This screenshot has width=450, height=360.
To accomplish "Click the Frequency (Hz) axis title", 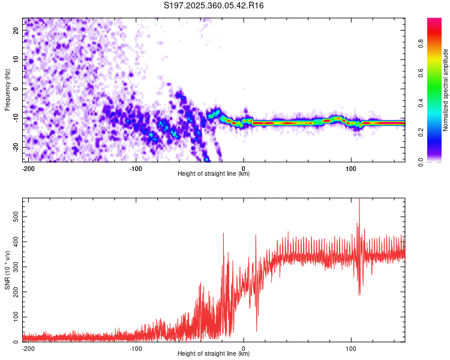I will (7, 90).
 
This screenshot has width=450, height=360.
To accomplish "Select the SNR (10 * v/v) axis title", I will (7, 269).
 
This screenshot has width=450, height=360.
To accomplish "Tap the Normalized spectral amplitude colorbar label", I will (446, 90).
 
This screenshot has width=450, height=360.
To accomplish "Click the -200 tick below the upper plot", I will (28, 168).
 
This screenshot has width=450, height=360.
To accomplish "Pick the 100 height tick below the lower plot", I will (352, 348).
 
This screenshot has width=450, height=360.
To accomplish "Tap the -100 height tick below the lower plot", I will (136, 348).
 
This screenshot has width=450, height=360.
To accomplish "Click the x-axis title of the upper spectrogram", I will (214, 174).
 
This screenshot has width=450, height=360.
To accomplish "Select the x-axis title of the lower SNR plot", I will (214, 354).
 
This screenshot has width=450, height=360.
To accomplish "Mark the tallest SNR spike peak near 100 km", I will (359, 200).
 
